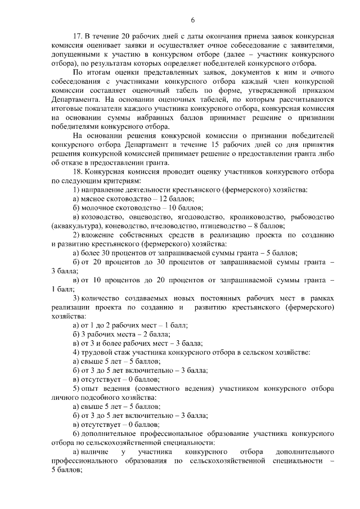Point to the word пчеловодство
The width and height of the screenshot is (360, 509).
[x=172, y=226]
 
